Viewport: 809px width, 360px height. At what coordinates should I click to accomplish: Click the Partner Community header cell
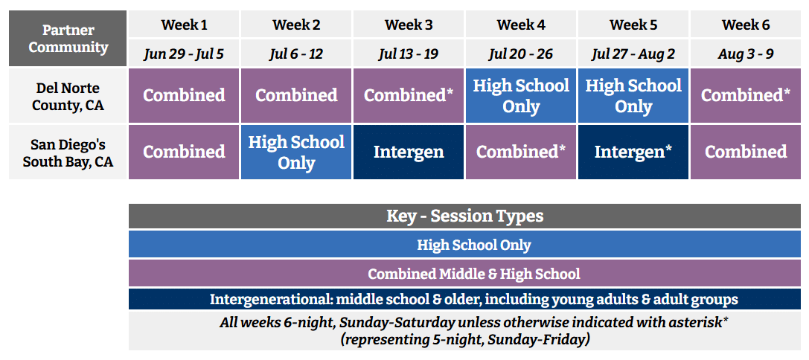coord(68,38)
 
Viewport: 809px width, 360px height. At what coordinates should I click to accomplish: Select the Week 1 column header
coord(184,25)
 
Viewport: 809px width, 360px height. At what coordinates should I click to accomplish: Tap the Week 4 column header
coord(521,25)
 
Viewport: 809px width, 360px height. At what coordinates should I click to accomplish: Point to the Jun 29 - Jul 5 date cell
coord(184,53)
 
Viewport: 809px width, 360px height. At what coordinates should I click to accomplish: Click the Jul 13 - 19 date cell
coord(409,53)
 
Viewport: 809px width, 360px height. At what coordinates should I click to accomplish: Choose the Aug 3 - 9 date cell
coord(746,53)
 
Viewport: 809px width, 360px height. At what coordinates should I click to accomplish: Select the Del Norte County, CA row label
coord(68,96)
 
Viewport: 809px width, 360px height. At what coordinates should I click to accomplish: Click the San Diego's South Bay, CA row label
coord(68,152)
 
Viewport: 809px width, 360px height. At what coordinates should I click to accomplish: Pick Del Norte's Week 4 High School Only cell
coord(521,96)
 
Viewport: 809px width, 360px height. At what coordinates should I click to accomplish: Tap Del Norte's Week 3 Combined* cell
coord(409,96)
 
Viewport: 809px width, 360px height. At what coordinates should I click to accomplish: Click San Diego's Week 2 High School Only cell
coord(296,152)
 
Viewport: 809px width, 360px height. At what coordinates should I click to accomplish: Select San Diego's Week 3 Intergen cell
coord(409,152)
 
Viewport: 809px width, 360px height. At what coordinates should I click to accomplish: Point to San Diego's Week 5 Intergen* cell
coord(633,152)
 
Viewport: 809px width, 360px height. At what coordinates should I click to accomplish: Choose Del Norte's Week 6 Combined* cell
coord(746,96)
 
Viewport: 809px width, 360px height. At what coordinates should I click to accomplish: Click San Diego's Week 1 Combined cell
coord(184,152)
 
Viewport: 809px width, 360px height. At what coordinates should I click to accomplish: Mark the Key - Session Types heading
coord(465,216)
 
